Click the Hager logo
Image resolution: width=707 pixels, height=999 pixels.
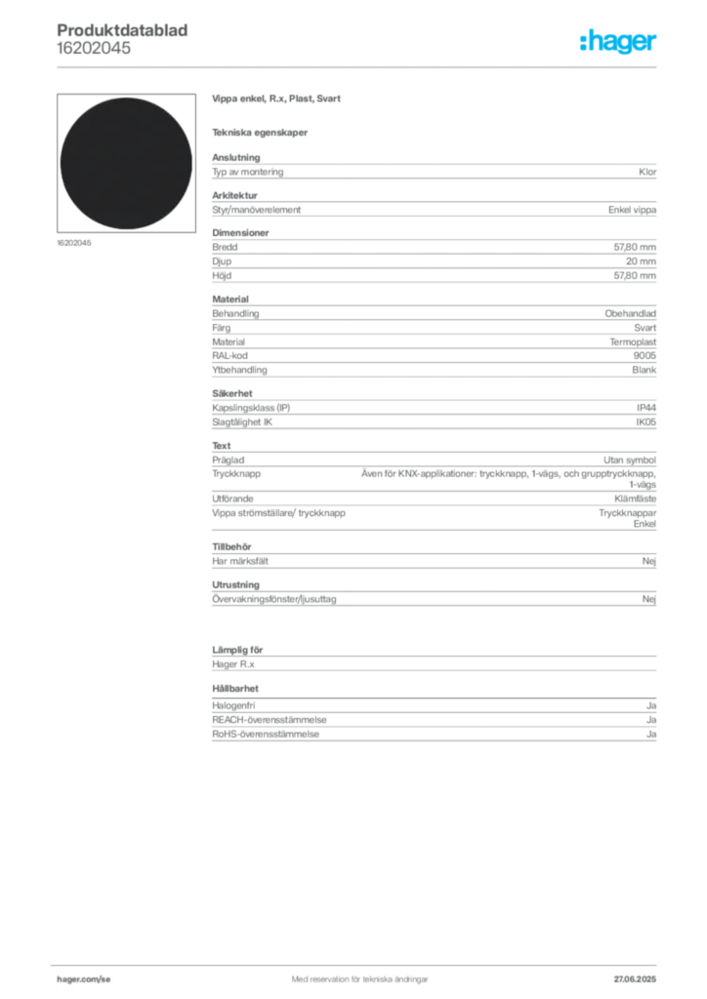(617, 41)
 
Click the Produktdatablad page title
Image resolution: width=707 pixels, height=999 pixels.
(122, 30)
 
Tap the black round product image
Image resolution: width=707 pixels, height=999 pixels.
(126, 163)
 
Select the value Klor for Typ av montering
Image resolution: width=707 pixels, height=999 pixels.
(647, 172)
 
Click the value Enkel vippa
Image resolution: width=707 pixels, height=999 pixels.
(632, 210)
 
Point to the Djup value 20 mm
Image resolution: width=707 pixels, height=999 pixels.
(641, 261)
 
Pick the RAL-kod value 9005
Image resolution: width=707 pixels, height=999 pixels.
(645, 355)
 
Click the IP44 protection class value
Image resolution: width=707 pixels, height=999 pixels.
(645, 408)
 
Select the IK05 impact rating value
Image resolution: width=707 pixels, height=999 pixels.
(645, 421)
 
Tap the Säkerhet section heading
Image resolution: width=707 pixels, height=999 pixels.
(232, 393)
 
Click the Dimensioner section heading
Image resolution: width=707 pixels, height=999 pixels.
(240, 232)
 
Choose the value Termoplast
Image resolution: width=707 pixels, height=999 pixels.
(633, 341)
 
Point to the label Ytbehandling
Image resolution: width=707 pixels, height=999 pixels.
(239, 370)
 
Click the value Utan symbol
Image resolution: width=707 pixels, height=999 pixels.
(630, 460)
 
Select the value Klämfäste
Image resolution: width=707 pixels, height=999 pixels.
(635, 499)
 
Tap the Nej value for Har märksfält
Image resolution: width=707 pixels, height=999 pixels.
(649, 561)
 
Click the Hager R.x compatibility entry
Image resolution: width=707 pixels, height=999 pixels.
(233, 663)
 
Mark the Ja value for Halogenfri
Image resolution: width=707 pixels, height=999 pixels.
(651, 705)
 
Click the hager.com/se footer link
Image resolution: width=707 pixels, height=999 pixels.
(84, 979)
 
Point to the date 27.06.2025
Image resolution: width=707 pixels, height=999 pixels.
(635, 979)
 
